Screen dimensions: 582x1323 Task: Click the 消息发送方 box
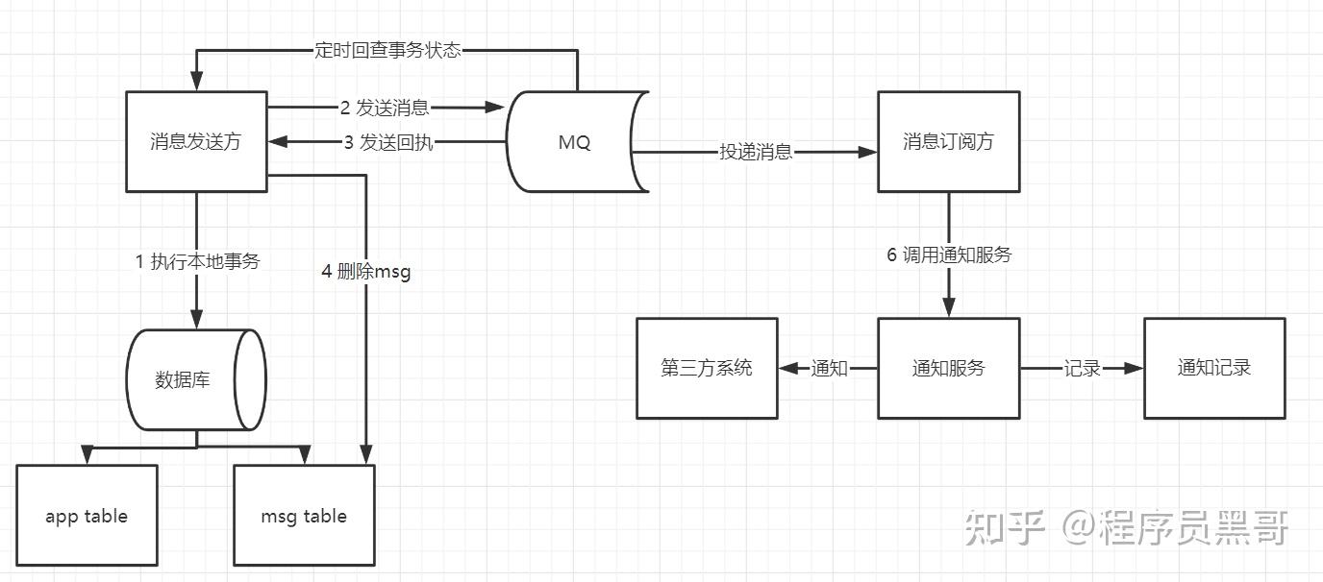tap(196, 142)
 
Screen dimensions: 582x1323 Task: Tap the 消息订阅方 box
tap(948, 142)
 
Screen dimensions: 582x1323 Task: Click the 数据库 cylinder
tap(195, 380)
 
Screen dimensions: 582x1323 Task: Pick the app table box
tap(87, 516)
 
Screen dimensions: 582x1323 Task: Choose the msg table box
tap(304, 516)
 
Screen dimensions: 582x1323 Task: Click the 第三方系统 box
tap(707, 368)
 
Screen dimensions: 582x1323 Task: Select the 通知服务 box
tap(948, 368)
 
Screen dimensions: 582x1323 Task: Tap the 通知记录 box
tap(1214, 368)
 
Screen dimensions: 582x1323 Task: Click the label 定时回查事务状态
tap(387, 50)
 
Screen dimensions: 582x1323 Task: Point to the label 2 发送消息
tap(385, 108)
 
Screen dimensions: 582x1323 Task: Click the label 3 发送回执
tap(388, 143)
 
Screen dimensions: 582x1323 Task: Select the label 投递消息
tap(756, 152)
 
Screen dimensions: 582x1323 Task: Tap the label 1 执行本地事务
tap(198, 261)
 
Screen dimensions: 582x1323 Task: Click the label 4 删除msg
tap(366, 272)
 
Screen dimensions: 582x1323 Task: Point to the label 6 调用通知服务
tap(949, 255)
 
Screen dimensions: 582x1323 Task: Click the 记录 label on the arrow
tap(1082, 368)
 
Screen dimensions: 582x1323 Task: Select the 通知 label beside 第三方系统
tap(829, 368)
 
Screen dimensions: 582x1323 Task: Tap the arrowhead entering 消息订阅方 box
tap(869, 152)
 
